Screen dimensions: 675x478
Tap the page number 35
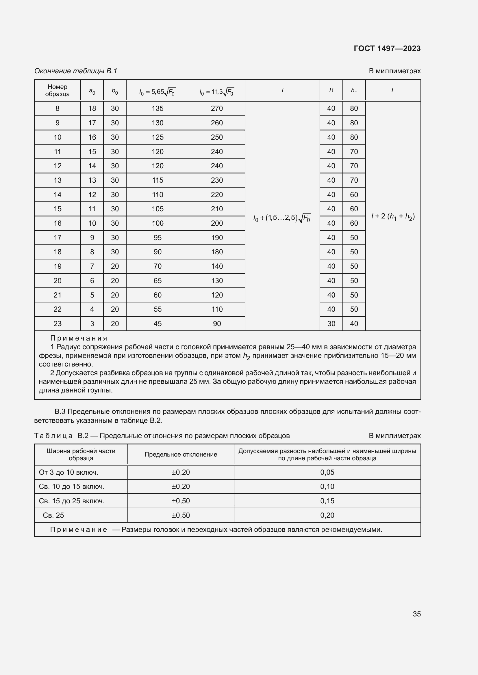(x=416, y=614)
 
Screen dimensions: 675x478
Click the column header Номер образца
(x=58, y=90)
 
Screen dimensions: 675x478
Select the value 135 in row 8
(x=158, y=109)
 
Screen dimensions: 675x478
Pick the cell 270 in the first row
(x=217, y=109)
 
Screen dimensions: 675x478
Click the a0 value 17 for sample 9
(x=92, y=123)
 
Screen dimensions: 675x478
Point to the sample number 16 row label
(x=58, y=223)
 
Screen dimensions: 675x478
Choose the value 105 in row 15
(x=158, y=209)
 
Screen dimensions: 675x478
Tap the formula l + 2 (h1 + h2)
(x=393, y=216)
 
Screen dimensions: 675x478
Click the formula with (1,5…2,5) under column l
(x=282, y=218)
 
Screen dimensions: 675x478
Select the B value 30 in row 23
(x=331, y=324)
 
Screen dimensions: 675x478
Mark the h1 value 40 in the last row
(x=354, y=324)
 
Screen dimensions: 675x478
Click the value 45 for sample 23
(x=158, y=324)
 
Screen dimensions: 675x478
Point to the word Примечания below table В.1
(x=79, y=338)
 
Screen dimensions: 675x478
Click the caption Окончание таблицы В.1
(x=76, y=71)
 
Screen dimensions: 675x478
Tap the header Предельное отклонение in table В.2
(x=181, y=455)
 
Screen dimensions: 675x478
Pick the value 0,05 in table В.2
(x=327, y=472)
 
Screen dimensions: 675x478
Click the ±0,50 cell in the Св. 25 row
(x=181, y=515)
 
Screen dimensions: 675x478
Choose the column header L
(x=393, y=90)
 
